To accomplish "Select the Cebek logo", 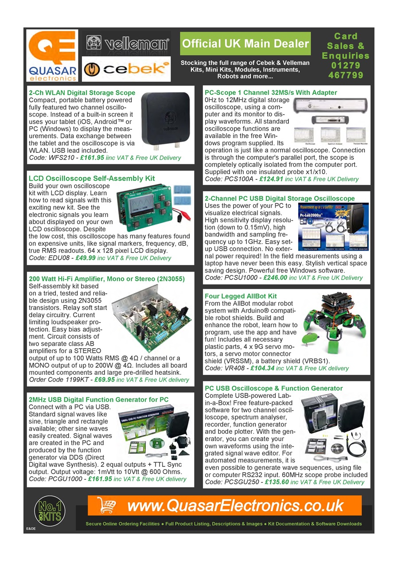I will (x=126, y=69).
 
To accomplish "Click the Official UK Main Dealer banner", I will (x=245, y=43).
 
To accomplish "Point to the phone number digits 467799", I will (x=346, y=75).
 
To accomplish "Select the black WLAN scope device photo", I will (x=166, y=120).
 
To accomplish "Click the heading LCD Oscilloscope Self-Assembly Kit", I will (x=92, y=179).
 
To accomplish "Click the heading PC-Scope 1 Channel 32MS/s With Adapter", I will (x=271, y=93).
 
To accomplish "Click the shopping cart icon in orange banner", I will (x=106, y=505).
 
